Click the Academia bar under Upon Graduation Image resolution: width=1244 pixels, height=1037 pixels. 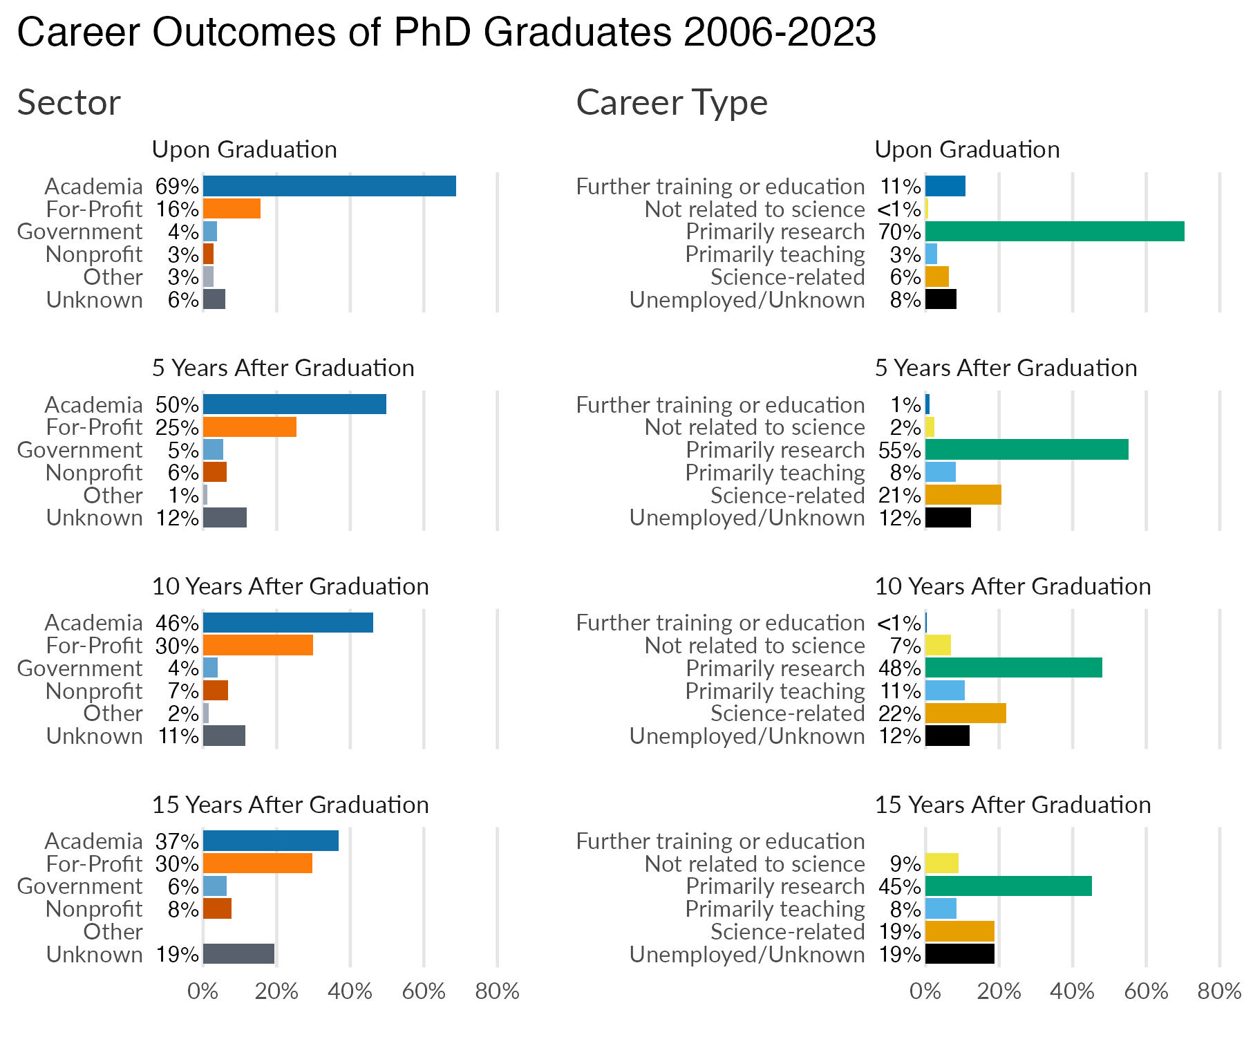[329, 186]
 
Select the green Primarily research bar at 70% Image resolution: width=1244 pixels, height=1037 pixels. [1054, 232]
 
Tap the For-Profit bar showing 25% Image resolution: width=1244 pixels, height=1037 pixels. [249, 427]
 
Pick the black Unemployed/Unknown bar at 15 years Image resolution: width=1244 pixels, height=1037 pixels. [959, 954]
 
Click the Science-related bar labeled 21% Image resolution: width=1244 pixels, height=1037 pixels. [963, 495]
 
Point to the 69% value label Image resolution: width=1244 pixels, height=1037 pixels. [177, 186]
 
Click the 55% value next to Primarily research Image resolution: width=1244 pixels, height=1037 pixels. [899, 450]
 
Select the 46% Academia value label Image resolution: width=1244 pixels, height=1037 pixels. [177, 623]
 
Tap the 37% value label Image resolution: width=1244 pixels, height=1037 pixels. [177, 841]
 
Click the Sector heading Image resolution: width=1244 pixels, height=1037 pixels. [68, 103]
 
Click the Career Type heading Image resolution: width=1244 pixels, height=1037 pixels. [671, 103]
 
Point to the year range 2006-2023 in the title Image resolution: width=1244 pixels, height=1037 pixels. [780, 32]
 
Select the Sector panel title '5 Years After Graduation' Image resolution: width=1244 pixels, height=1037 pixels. [283, 368]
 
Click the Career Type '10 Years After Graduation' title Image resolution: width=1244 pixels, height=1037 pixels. [1012, 586]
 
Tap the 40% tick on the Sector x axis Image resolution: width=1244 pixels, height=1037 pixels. [350, 991]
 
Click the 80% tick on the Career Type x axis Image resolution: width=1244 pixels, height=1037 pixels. [1219, 991]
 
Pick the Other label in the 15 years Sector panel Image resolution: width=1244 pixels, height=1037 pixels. [113, 932]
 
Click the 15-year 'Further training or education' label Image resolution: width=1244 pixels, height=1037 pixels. [720, 841]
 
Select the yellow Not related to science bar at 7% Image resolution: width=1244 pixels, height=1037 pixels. [938, 646]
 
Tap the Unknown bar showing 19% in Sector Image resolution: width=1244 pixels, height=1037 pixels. [238, 954]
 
